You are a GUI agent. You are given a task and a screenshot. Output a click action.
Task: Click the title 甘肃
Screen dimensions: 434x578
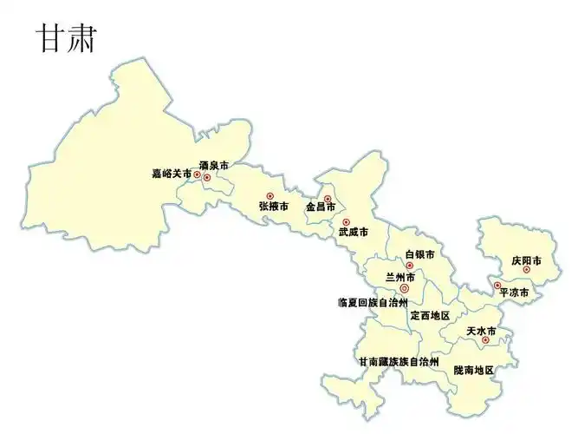66,39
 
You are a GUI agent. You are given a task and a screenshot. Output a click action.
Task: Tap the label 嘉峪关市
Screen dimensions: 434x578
171,174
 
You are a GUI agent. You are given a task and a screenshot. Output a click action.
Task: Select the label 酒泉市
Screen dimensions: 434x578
214,165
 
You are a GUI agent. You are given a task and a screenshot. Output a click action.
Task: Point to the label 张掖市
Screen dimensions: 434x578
274,207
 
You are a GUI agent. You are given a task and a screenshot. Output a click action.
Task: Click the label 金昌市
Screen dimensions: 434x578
321,208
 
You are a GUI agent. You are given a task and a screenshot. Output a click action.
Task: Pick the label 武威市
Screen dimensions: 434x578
353,233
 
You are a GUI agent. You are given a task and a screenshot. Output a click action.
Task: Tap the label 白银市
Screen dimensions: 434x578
419,254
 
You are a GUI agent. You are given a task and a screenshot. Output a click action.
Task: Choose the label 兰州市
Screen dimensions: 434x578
399,277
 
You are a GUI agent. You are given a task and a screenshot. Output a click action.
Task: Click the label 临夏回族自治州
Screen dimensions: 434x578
372,303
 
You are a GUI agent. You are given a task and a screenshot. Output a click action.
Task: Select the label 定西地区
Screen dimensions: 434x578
430,315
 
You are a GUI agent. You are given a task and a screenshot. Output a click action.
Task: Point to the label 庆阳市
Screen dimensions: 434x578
526,260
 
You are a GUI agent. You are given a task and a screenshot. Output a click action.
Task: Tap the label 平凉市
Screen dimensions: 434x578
514,293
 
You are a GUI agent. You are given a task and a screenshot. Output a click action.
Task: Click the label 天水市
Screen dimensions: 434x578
481,331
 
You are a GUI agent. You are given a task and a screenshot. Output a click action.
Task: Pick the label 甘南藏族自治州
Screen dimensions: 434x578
399,360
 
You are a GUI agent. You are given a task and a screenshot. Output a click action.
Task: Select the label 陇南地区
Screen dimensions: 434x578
473,370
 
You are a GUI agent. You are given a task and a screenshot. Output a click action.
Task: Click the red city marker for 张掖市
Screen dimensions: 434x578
270,195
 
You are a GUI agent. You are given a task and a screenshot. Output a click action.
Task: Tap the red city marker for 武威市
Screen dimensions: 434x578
346,222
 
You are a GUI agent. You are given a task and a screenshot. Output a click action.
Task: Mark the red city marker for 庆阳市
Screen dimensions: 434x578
526,270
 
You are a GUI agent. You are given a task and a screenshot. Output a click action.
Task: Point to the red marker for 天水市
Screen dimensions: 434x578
485,340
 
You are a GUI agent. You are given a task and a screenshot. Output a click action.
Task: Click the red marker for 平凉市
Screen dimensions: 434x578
497,285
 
